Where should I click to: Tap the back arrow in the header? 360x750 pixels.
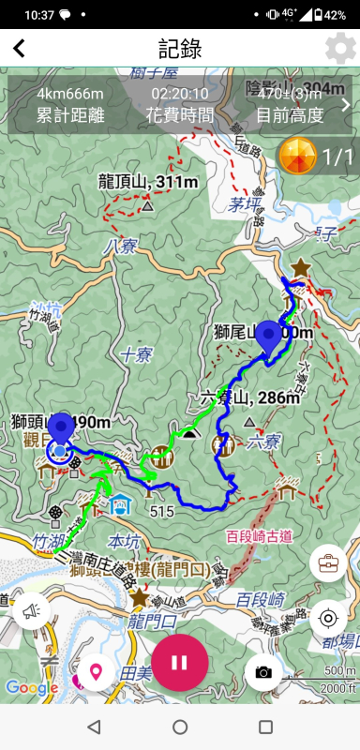tap(19, 49)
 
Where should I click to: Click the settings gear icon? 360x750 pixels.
tap(339, 49)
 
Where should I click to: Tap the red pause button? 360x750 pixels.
tap(180, 662)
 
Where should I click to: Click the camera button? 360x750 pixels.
tap(263, 671)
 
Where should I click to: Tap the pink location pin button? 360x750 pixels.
tap(95, 671)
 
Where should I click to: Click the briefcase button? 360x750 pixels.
tap(328, 563)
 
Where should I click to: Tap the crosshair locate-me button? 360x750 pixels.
tap(328, 618)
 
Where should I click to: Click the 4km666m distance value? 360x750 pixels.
tap(70, 94)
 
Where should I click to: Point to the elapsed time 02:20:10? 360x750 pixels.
tap(180, 94)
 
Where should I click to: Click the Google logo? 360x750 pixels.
tap(32, 687)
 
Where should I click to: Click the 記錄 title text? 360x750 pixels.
tap(180, 49)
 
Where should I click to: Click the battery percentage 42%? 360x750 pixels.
tap(336, 15)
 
